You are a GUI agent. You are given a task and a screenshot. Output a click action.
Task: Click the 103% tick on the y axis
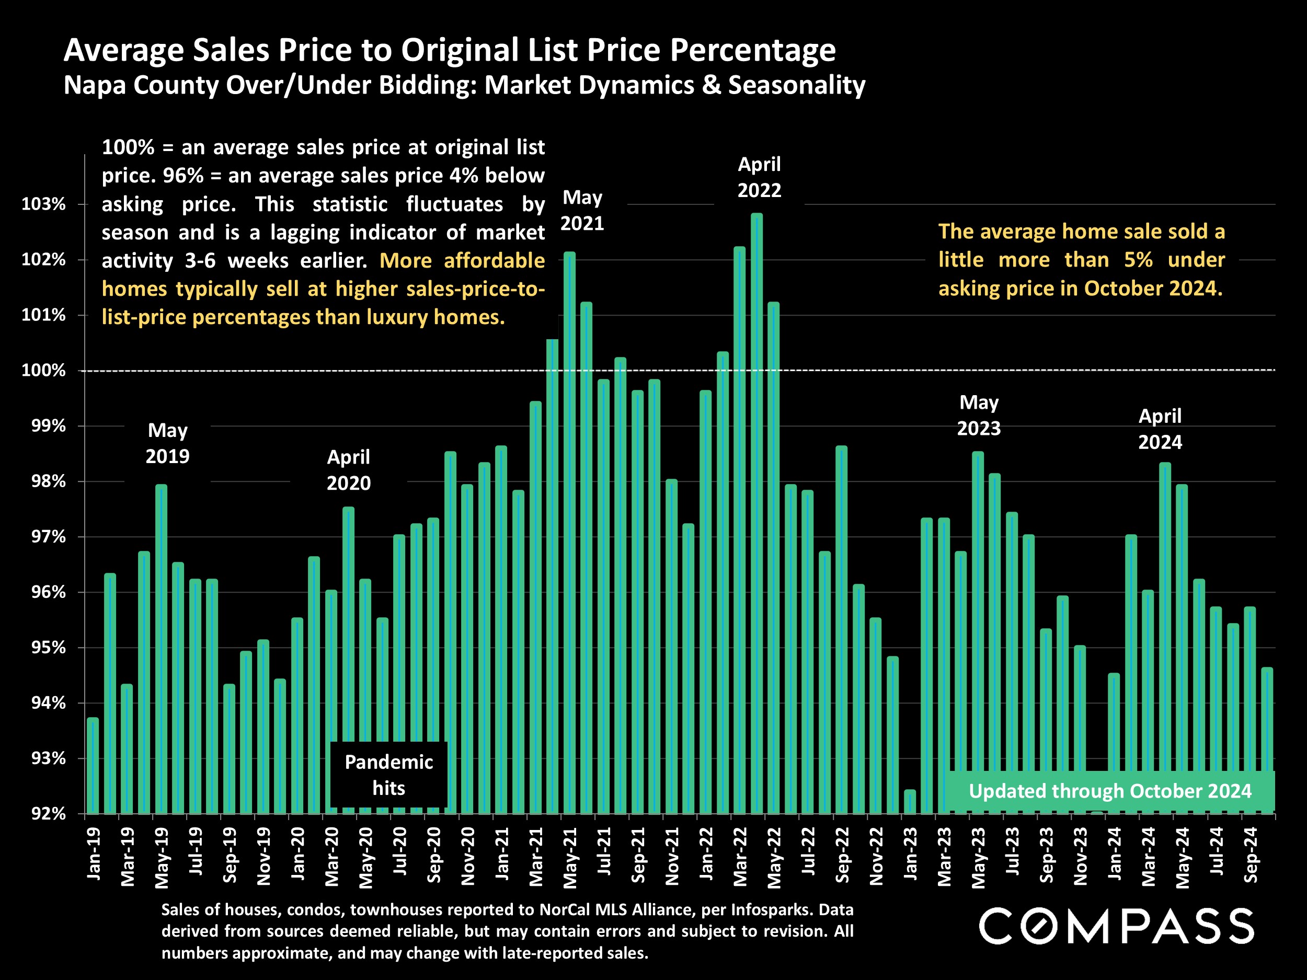tap(43, 204)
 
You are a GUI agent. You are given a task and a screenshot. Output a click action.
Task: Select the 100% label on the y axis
tap(43, 371)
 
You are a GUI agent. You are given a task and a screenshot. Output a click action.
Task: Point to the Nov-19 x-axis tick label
tap(263, 856)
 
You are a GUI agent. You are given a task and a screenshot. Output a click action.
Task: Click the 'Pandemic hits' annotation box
tap(389, 775)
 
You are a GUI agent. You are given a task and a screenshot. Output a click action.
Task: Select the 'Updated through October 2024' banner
tap(1110, 791)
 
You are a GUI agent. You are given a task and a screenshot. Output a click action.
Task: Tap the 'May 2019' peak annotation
tap(168, 443)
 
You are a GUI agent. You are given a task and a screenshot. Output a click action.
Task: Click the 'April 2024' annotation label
tap(1160, 429)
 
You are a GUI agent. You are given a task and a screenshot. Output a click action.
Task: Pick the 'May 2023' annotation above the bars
tap(979, 416)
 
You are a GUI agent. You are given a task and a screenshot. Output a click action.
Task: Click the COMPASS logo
tap(1116, 926)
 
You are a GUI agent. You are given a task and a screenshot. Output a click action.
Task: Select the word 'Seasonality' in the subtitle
tap(797, 85)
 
